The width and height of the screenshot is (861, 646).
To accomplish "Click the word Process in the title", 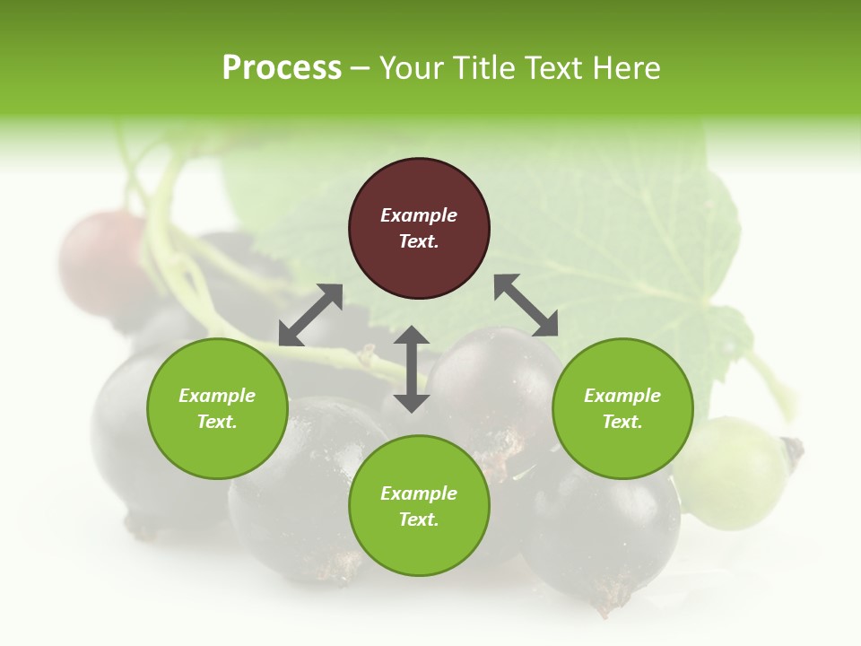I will tap(282, 68).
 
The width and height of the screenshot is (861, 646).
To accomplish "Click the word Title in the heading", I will tap(482, 68).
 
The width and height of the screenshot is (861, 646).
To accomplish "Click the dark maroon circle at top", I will tap(419, 228).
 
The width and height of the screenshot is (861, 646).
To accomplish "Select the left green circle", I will tap(217, 408).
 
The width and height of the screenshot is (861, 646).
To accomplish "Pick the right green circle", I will tap(622, 408).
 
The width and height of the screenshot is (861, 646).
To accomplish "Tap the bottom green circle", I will tap(419, 506).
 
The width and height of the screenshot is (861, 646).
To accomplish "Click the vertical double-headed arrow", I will tap(412, 369).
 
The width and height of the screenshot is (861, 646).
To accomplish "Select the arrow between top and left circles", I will tap(311, 315).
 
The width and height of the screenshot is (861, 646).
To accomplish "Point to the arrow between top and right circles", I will tap(526, 305).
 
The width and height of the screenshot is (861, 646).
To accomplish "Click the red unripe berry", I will tap(100, 255).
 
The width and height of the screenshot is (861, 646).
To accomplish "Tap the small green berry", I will tap(731, 471).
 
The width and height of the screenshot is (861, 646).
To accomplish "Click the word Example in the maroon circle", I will tap(419, 215).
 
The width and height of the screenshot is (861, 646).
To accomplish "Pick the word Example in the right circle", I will tap(622, 396).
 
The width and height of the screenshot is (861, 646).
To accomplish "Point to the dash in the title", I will tap(360, 68).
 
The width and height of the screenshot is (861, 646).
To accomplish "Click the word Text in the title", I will tap(552, 68).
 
